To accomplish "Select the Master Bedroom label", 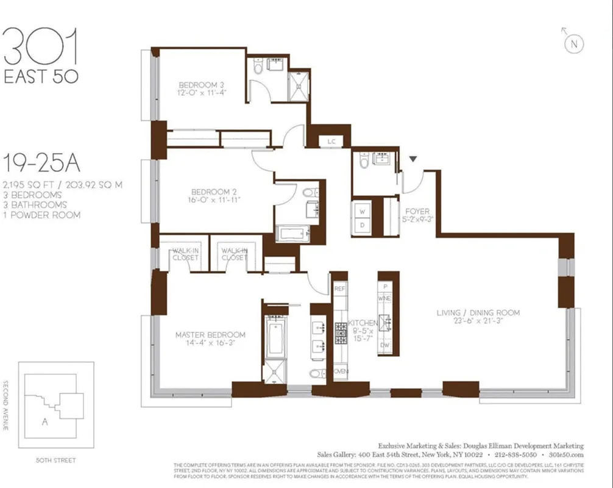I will click(x=210, y=335).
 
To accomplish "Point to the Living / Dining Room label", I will click(x=478, y=313).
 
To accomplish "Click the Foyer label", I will click(x=417, y=212).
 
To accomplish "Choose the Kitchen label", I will click(x=360, y=323).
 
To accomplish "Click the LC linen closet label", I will click(x=331, y=142).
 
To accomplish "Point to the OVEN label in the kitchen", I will click(x=340, y=371).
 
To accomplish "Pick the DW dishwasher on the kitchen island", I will click(x=384, y=345).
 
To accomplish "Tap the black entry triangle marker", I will click(x=413, y=159).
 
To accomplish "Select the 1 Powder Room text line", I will click(x=42, y=215).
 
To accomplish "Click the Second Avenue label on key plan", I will click(x=5, y=406).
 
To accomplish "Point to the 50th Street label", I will click(x=56, y=460).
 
